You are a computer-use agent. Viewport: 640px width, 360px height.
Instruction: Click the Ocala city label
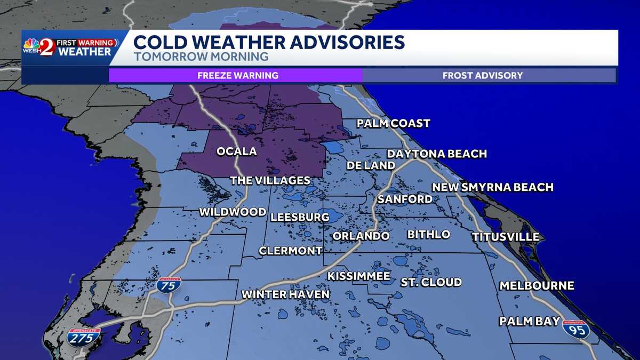tap(236, 151)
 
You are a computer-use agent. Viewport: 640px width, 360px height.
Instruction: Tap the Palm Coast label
tap(393, 123)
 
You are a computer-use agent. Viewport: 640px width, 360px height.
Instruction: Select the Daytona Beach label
tap(437, 154)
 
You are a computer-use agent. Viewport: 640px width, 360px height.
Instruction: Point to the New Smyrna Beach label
tap(492, 187)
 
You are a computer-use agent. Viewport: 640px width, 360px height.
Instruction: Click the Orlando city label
tap(361, 236)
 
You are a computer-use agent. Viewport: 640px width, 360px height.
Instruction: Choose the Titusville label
tap(505, 237)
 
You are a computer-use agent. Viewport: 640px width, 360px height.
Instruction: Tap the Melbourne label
tap(537, 286)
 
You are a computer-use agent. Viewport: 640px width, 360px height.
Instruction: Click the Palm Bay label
tap(529, 321)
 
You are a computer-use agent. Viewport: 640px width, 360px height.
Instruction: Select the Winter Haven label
tap(285, 294)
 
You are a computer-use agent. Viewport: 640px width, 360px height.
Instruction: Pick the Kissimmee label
tap(358, 276)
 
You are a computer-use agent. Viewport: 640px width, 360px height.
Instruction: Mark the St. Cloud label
tap(431, 282)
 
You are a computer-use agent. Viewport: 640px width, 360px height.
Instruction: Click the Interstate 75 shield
tap(169, 284)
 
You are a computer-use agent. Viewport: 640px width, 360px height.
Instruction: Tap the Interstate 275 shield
tap(84, 337)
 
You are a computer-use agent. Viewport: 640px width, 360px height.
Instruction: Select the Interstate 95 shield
tap(576, 329)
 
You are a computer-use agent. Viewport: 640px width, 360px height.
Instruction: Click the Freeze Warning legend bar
tap(237, 75)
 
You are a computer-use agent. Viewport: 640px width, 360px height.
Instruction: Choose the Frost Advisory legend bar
tap(483, 75)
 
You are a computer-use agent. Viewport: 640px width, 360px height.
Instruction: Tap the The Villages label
tap(270, 181)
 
